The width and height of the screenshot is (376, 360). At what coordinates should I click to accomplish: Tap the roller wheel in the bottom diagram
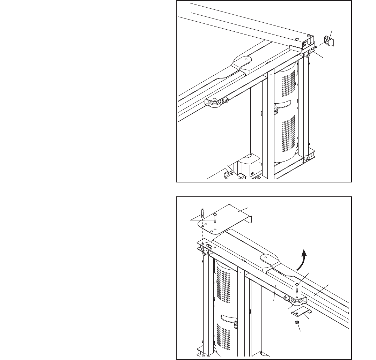click(x=297, y=301)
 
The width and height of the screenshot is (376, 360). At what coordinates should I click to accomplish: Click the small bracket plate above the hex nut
click(x=300, y=312)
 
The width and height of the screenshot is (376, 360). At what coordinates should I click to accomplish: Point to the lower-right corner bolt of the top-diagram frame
click(x=307, y=159)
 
